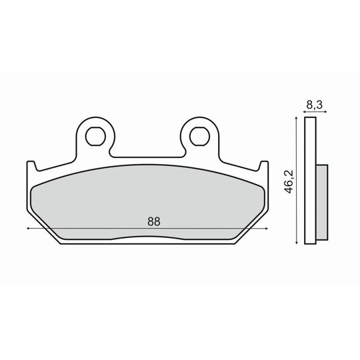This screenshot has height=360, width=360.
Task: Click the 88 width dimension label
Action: click(154, 221)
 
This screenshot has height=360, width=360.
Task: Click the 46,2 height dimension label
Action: click(289, 181)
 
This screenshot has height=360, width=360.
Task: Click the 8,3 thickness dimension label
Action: click(315, 105)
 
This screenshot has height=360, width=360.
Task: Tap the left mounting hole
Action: click(95, 137)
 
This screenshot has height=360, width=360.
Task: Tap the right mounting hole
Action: click(200, 137)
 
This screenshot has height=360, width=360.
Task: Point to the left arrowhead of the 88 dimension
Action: click(28, 229)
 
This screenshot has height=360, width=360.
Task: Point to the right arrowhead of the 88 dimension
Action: click(267, 229)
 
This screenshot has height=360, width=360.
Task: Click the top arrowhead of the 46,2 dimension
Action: click(297, 118)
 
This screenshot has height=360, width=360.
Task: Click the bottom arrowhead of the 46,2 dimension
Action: click(297, 243)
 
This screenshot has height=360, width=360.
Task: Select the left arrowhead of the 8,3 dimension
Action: click(305, 112)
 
